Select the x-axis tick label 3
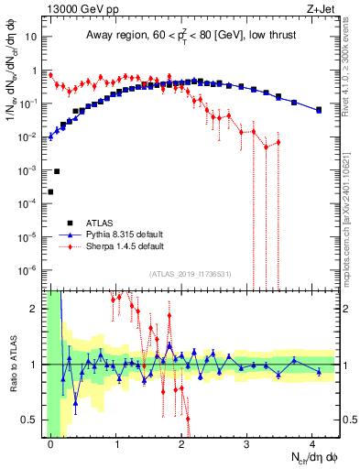248,444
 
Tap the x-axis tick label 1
117,444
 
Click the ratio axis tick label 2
38,309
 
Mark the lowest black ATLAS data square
50,191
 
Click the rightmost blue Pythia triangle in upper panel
319,110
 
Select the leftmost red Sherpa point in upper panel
50,75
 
